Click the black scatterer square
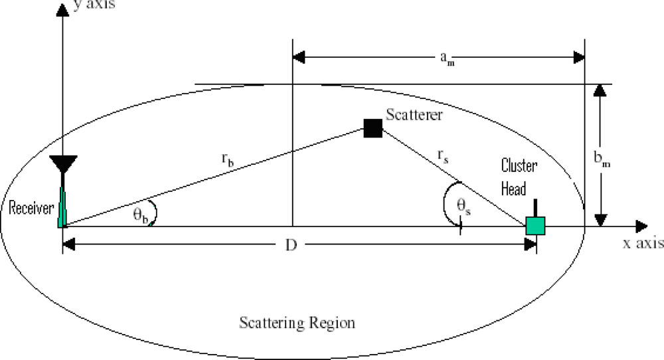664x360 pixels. click(373, 128)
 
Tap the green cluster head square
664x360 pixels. click(535, 226)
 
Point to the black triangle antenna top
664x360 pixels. click(64, 163)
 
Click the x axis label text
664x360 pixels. click(642, 244)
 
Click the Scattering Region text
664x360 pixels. click(297, 323)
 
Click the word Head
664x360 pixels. click(513, 189)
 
